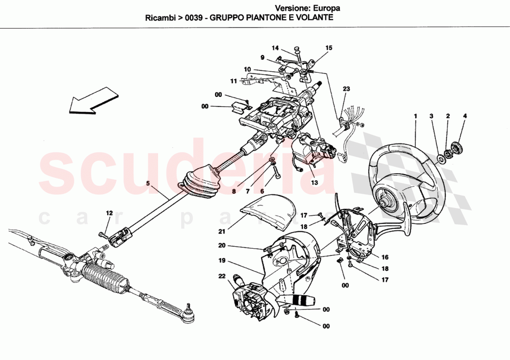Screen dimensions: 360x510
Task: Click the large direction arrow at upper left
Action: [93, 101]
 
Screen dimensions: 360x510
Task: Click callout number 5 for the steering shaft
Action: [148, 183]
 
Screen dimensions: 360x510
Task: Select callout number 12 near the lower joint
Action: [109, 213]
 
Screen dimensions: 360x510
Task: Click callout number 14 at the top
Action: [275, 48]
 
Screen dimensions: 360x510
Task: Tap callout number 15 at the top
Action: [329, 48]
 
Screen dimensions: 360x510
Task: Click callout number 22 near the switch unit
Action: [223, 277]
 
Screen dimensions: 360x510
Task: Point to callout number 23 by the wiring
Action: [346, 89]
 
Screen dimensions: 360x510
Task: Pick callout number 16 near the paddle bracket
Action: [385, 257]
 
